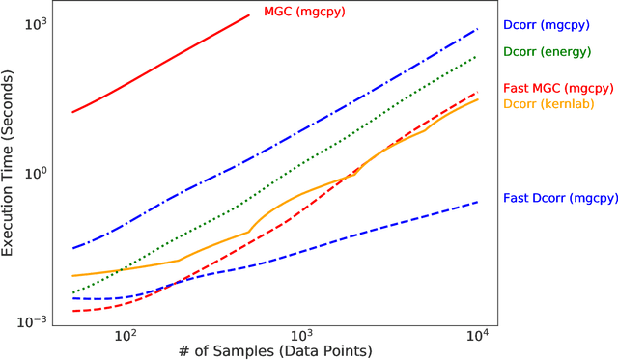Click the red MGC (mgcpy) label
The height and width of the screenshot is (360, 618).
(304, 13)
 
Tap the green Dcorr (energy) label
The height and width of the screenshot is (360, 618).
(546, 51)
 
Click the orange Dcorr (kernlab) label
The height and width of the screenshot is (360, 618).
(548, 102)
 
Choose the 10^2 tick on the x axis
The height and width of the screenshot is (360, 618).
(125, 335)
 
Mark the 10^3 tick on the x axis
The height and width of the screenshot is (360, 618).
(301, 335)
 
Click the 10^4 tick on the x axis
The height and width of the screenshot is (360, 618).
(478, 335)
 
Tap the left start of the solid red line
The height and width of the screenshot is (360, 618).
(72, 112)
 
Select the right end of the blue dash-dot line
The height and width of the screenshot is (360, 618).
(478, 29)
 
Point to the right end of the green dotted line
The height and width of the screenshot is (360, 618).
(478, 56)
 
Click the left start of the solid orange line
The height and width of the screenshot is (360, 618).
(72, 276)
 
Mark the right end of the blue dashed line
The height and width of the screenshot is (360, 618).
(478, 202)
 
